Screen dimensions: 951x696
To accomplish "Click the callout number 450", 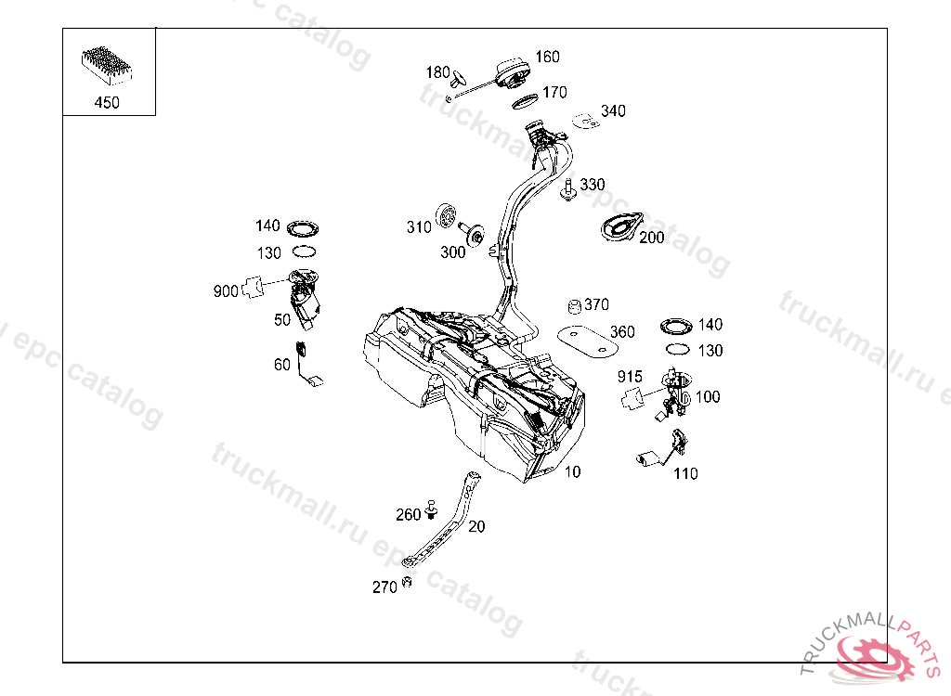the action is tap(107, 103).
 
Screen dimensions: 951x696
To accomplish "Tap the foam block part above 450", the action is tap(108, 63).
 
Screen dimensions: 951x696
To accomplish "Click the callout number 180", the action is tap(438, 72).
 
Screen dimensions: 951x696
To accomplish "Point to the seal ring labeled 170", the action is tap(526, 99).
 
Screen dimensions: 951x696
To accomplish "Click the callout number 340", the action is tap(613, 111).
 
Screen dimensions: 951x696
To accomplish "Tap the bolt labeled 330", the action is tap(566, 189).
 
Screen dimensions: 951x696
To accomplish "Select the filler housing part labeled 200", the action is tap(619, 228).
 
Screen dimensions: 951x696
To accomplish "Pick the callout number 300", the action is tap(453, 252).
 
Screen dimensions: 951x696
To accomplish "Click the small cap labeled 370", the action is tap(574, 306).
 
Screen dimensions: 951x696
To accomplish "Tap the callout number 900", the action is tap(226, 291).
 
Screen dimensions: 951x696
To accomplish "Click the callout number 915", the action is tap(630, 377).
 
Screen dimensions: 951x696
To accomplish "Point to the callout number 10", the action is tap(572, 471).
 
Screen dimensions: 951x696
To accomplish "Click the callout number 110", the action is tap(685, 473).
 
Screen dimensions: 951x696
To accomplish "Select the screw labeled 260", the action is tap(431, 509).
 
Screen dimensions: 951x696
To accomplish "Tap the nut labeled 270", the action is tap(406, 584).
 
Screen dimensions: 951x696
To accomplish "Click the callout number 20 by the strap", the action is tap(476, 526).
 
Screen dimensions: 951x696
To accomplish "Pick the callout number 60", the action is tap(282, 365).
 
